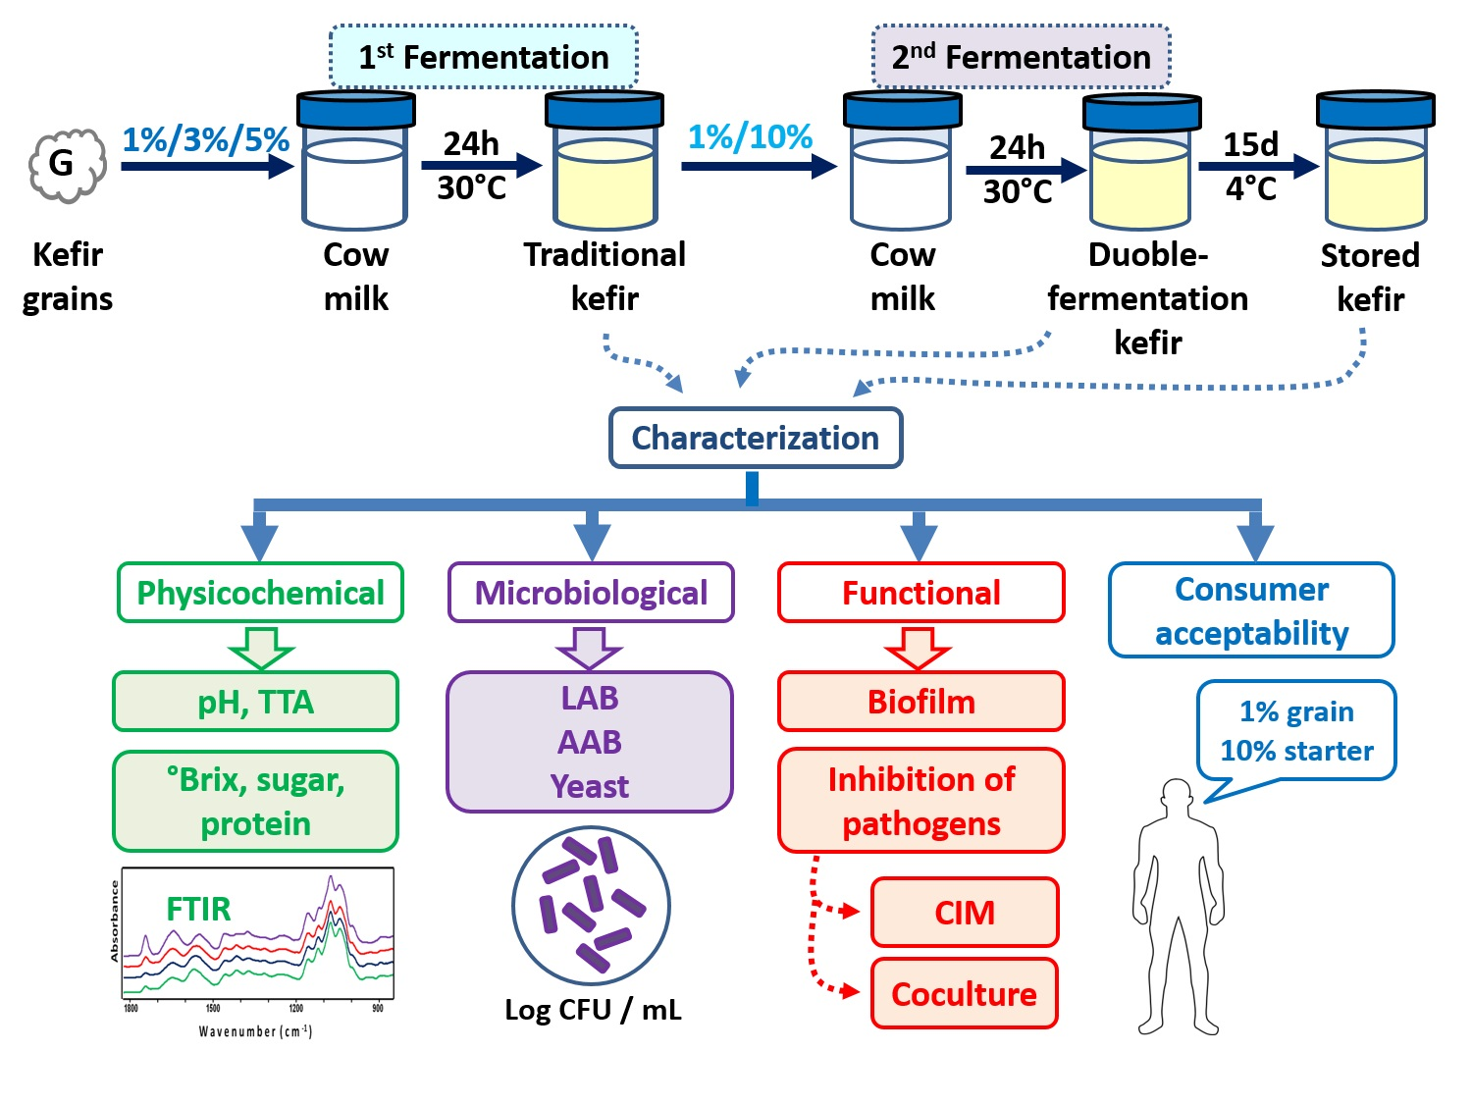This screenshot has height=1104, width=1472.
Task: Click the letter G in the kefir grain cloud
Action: pos(61,162)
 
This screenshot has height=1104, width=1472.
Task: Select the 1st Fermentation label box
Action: pos(483,57)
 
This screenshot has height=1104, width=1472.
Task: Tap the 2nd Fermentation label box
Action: pos(1021,57)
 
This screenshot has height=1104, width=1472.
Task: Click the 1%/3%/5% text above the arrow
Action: pos(206,140)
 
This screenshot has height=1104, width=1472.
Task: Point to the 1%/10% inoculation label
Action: pos(751,137)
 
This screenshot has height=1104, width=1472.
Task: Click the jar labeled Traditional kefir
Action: pos(605,160)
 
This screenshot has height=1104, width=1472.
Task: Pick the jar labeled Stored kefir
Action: pos(1376,160)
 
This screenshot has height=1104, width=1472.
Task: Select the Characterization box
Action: pos(755,437)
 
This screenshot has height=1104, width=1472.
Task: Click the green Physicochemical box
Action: pos(260,593)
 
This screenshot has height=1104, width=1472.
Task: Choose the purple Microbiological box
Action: pos(591,593)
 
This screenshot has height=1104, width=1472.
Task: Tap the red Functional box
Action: pos(920,593)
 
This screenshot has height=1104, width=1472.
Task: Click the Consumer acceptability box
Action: pos(1251,610)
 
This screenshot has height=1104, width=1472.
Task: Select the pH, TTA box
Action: pos(255,701)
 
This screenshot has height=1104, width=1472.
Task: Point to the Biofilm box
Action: pos(920,701)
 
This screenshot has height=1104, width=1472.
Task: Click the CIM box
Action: pos(965,913)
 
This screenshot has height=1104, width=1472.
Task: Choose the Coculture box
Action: pos(965,993)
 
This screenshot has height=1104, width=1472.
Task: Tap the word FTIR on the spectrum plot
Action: pos(198,909)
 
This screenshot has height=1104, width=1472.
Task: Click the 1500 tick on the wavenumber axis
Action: pos(213,1008)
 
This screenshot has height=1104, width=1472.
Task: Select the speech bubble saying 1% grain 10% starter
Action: pos(1296,732)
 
